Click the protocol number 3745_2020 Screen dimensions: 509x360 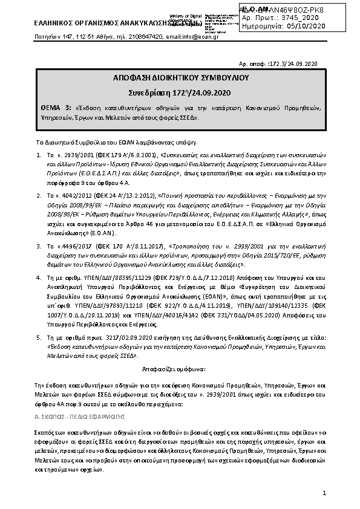tap(299, 18)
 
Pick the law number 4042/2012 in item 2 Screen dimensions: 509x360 tap(72, 196)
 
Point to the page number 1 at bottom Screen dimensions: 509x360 tap(324, 493)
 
